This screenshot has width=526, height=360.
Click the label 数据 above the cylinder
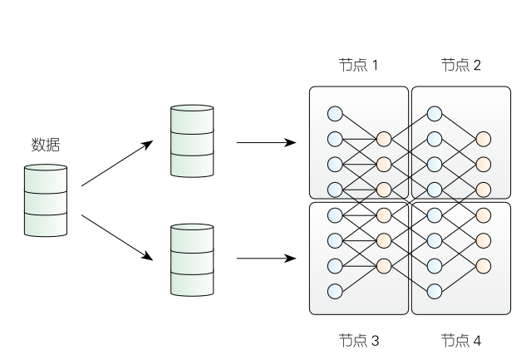point(46,145)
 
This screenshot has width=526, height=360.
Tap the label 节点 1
point(358,65)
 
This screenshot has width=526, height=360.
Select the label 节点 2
point(461,65)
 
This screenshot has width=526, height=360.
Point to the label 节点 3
point(359,341)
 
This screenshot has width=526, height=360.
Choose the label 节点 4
point(461,341)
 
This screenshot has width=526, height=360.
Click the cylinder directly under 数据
point(46,200)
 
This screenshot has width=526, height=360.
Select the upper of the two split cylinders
point(192,141)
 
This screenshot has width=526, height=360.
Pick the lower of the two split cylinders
point(192,260)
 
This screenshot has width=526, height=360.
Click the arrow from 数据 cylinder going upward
point(117,164)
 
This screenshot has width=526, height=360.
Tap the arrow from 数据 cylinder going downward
point(117,238)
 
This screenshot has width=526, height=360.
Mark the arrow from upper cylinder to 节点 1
point(267,143)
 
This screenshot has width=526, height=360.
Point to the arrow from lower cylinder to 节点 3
point(267,259)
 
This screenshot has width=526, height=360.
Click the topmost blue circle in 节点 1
point(335,114)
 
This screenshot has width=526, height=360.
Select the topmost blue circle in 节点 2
point(435,114)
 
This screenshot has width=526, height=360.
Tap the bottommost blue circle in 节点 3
point(335,291)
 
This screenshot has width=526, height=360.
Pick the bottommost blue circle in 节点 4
point(435,291)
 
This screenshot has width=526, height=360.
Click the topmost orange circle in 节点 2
point(484,139)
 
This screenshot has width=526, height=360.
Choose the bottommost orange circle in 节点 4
point(484,266)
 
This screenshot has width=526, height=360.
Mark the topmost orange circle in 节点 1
point(384,139)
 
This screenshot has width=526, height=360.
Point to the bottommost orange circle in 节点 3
point(384,266)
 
